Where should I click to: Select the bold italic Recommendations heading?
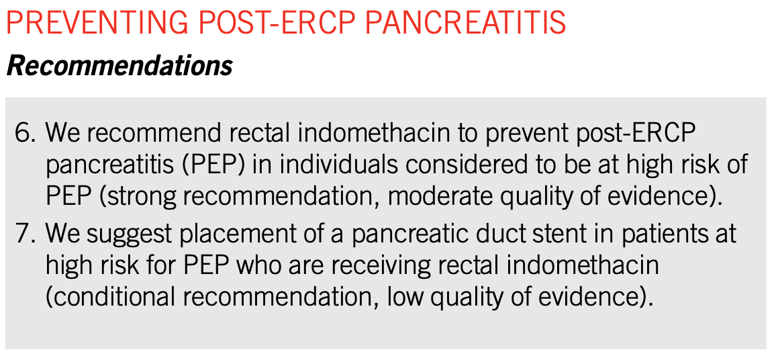(x=119, y=66)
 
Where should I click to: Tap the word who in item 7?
(x=258, y=266)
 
